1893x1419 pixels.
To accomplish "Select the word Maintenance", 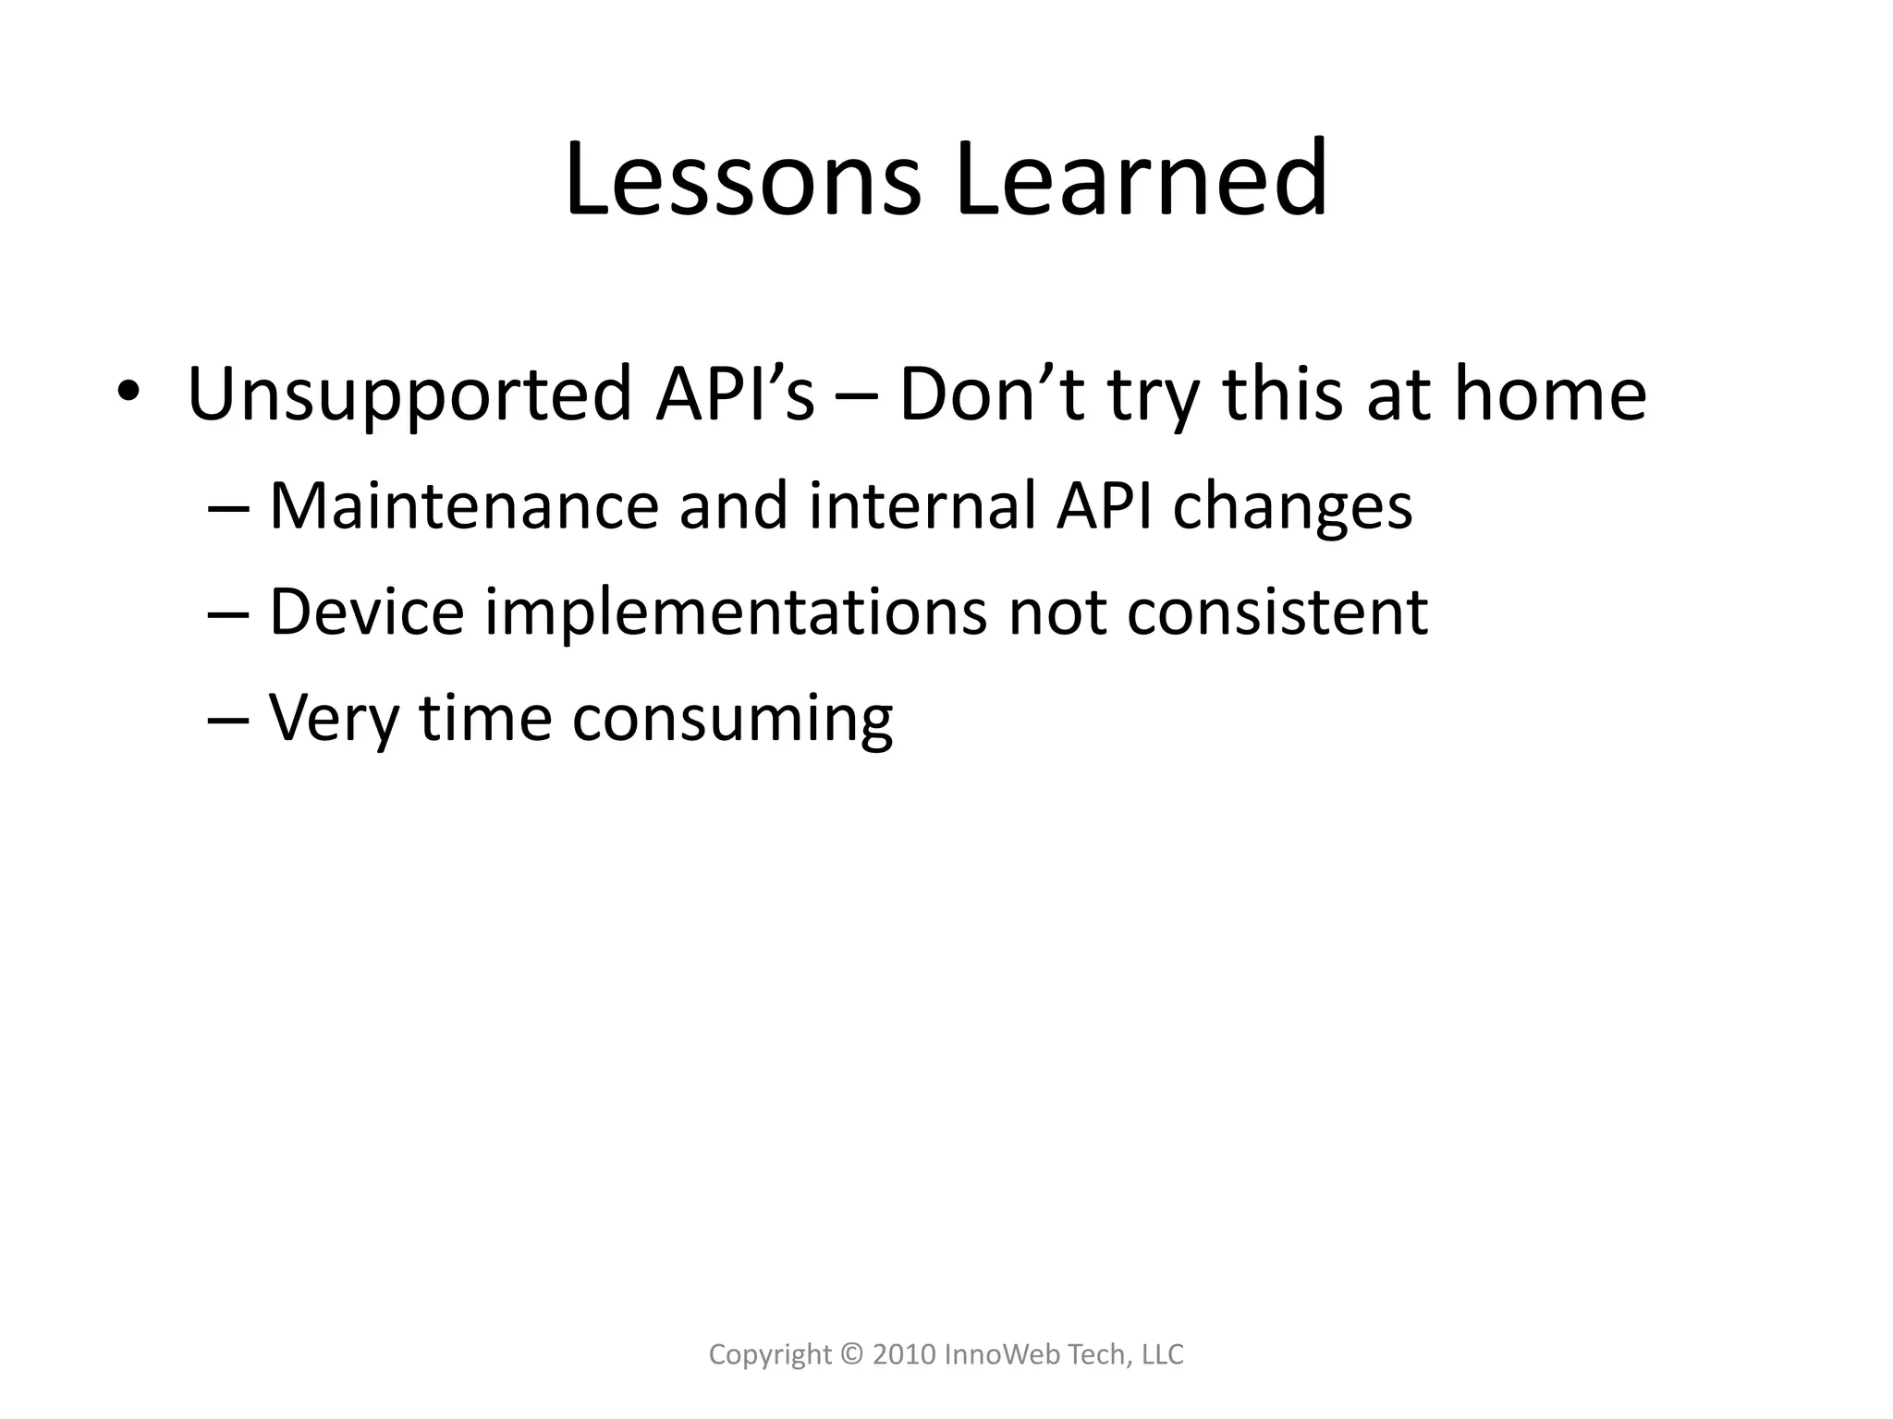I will [x=463, y=506].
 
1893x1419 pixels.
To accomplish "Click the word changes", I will [x=1292, y=508].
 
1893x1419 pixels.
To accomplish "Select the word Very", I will [x=333, y=719].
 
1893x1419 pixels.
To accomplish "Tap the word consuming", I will [x=732, y=721].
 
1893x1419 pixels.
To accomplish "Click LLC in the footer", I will [x=1163, y=1355].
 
